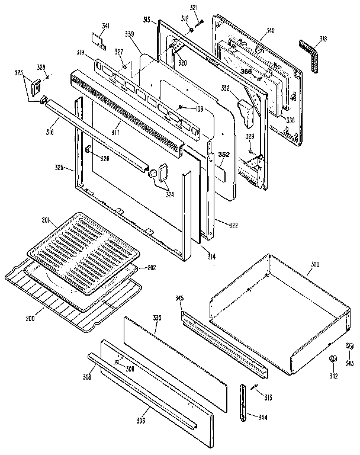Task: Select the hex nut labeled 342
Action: (333, 360)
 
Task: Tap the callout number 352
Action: (223, 155)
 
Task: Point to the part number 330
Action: (157, 319)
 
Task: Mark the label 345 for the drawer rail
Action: (179, 298)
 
